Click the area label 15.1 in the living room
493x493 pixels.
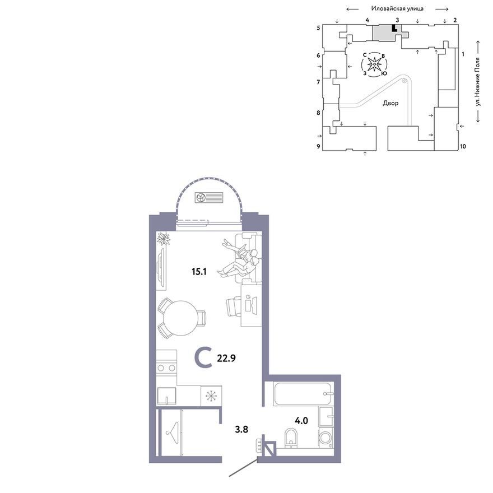tap(199, 271)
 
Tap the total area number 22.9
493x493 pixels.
tap(226, 358)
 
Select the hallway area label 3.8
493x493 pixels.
tap(241, 429)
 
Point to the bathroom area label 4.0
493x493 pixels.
tap(301, 420)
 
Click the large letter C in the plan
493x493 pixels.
tap(203, 358)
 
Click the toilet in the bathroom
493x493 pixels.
tap(291, 438)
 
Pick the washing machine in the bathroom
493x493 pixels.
tap(326, 438)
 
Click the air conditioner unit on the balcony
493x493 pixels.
tap(209, 197)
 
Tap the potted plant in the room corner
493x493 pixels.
tap(164, 238)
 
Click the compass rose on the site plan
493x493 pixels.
tap(374, 64)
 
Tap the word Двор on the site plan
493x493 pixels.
tap(390, 103)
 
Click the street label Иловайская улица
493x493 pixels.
tap(397, 9)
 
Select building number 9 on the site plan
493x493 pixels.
tap(319, 146)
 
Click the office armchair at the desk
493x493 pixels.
tap(233, 307)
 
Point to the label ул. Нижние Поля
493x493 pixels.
tap(478, 81)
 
